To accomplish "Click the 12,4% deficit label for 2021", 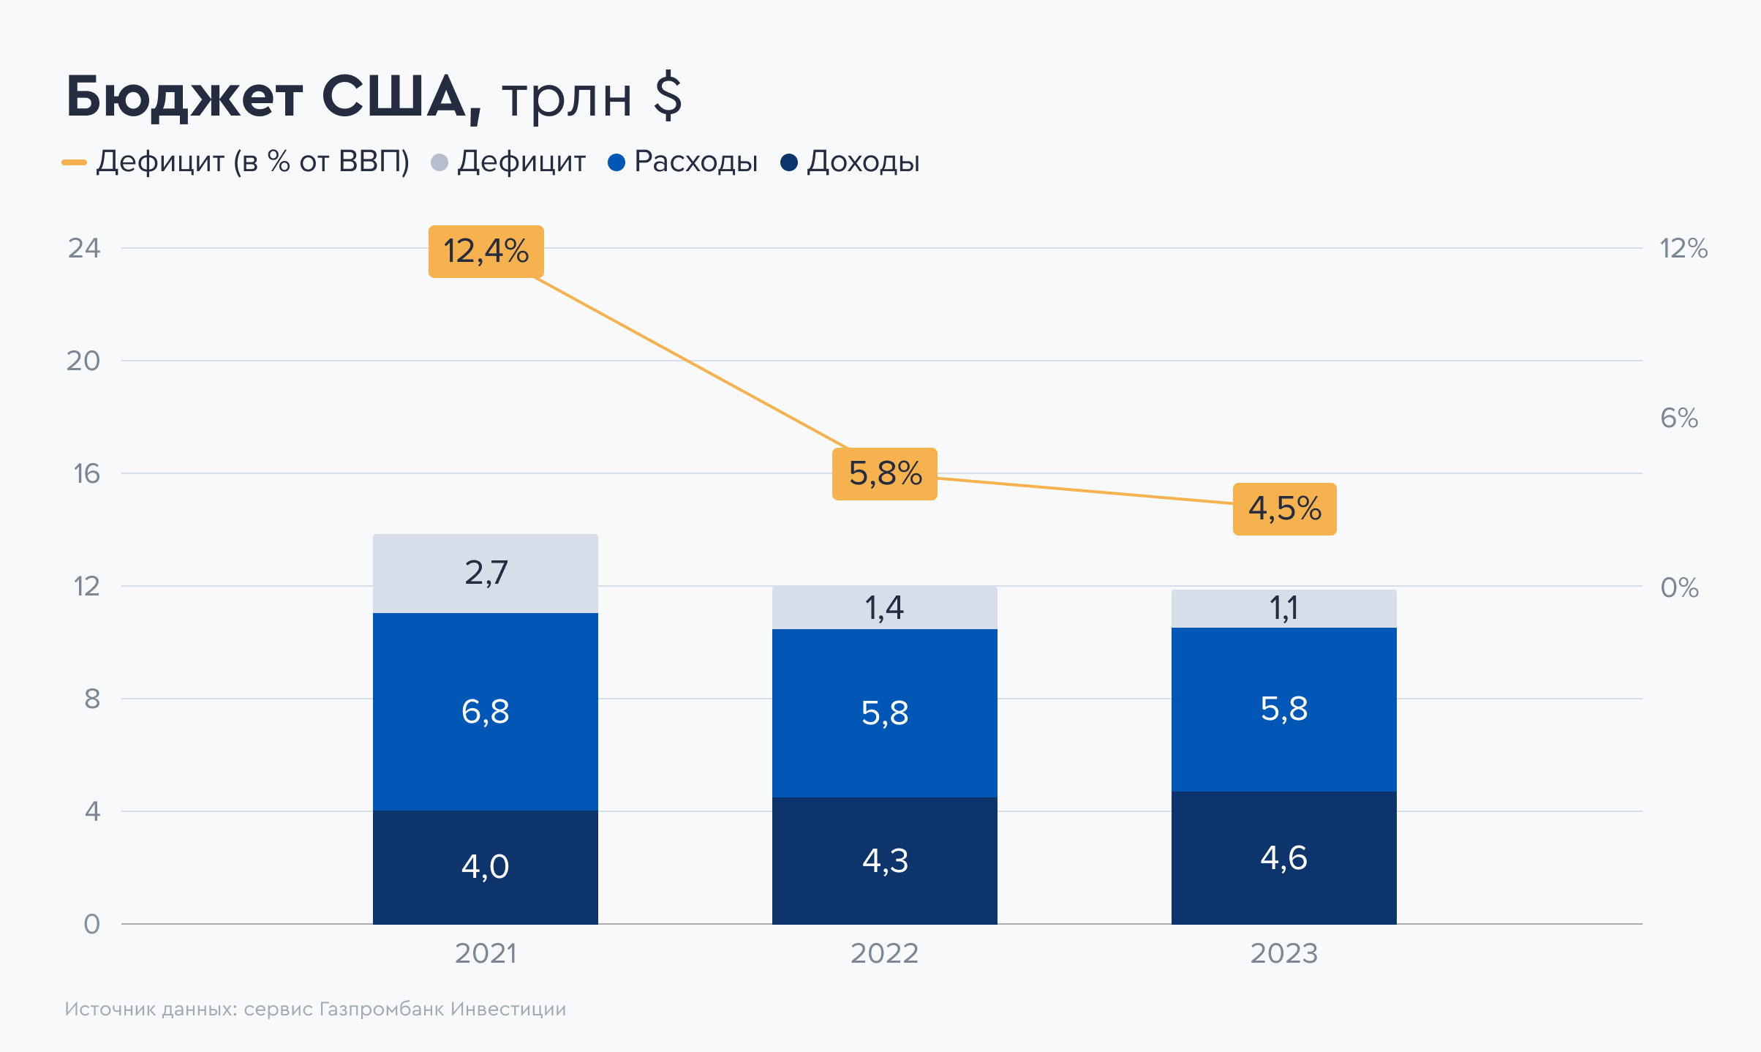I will point(486,252).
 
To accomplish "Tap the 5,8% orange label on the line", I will point(885,474).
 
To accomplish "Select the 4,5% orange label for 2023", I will point(1284,509).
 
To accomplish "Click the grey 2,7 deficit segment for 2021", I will point(486,574).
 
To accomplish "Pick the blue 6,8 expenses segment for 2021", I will point(486,712).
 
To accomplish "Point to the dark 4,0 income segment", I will point(486,867).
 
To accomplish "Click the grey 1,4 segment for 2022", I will point(885,608).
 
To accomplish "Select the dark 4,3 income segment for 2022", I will point(885,861).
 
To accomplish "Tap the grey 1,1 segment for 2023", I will point(1284,609).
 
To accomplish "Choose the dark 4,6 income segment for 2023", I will point(1284,858).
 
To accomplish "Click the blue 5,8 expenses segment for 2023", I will point(1284,709).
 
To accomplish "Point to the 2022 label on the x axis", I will point(885,953).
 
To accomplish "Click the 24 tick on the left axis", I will point(84,249).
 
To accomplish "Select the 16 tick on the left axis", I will point(86,474).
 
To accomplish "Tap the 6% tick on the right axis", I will point(1679,418).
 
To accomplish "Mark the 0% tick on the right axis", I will point(1679,587).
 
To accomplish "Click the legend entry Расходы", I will point(695,162).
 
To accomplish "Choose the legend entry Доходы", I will point(863,162).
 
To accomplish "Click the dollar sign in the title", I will point(668,96).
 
